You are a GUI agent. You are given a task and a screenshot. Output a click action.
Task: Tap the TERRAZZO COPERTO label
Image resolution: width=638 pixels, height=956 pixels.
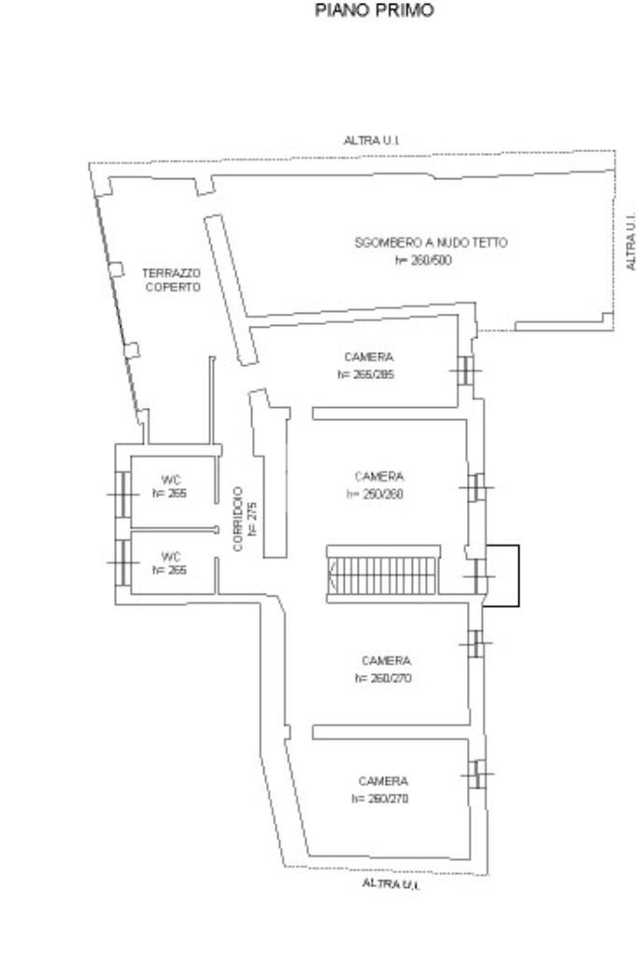pos(171,280)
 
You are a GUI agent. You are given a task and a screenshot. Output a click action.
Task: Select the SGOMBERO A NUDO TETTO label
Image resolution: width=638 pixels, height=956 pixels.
pos(431,243)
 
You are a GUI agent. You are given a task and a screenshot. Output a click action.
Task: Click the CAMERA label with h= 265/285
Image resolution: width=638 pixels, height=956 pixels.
pos(368,357)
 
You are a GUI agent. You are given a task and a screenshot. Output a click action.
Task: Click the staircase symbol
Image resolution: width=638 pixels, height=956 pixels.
pos(383,570)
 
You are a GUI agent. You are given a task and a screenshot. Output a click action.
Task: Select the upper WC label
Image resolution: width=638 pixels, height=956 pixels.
pos(170,480)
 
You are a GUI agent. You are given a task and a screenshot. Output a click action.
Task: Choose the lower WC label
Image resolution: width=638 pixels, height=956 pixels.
pos(170,557)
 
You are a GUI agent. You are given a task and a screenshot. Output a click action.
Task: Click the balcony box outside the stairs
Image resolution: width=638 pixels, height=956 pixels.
pos(503,577)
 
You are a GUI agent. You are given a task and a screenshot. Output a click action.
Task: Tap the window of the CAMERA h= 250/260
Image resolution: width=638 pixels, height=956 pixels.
pos(476,486)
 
